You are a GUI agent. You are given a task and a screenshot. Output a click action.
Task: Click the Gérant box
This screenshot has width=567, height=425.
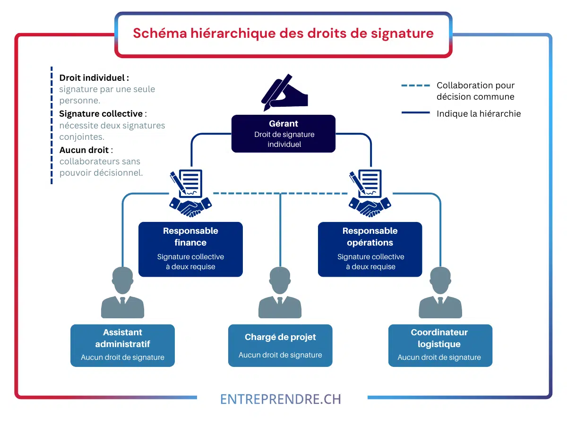pos(283,134)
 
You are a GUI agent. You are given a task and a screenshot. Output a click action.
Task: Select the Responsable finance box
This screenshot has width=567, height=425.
pos(190,249)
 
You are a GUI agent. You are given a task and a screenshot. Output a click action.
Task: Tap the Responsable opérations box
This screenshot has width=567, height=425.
pos(370,249)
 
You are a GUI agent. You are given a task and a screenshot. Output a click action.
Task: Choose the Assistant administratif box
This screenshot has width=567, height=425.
pos(123,346)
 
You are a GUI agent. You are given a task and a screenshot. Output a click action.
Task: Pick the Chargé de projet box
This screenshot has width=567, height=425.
pos(280,346)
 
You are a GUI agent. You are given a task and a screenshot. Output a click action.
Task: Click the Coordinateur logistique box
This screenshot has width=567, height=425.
pos(440,346)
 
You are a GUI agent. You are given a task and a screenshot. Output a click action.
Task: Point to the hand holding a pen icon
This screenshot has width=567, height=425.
pos(284,93)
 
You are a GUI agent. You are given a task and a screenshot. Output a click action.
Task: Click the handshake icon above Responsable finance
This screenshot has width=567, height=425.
pos(190,207)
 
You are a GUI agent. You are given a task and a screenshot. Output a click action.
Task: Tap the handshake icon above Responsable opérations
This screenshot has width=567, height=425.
pos(370,207)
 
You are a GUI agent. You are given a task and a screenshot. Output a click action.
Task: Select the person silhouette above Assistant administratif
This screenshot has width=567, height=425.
pos(123,292)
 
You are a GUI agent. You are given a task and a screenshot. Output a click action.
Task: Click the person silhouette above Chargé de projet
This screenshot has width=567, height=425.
pos(280,292)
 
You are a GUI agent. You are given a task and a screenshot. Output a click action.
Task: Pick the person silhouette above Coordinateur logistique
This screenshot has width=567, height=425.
pos(440,292)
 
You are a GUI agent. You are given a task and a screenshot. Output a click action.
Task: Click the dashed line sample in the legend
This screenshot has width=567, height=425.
pos(416,85)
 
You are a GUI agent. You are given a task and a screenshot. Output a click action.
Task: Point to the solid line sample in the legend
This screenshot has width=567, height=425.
pos(416,112)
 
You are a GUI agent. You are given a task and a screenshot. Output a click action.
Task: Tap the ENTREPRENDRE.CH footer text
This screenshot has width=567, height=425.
pos(281,399)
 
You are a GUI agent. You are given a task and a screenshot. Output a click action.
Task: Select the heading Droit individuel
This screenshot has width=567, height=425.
pos(94,77)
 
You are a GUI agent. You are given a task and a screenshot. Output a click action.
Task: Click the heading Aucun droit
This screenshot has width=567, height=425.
pos(84,150)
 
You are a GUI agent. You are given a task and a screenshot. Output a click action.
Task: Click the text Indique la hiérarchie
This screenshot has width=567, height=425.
pos(479,113)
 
